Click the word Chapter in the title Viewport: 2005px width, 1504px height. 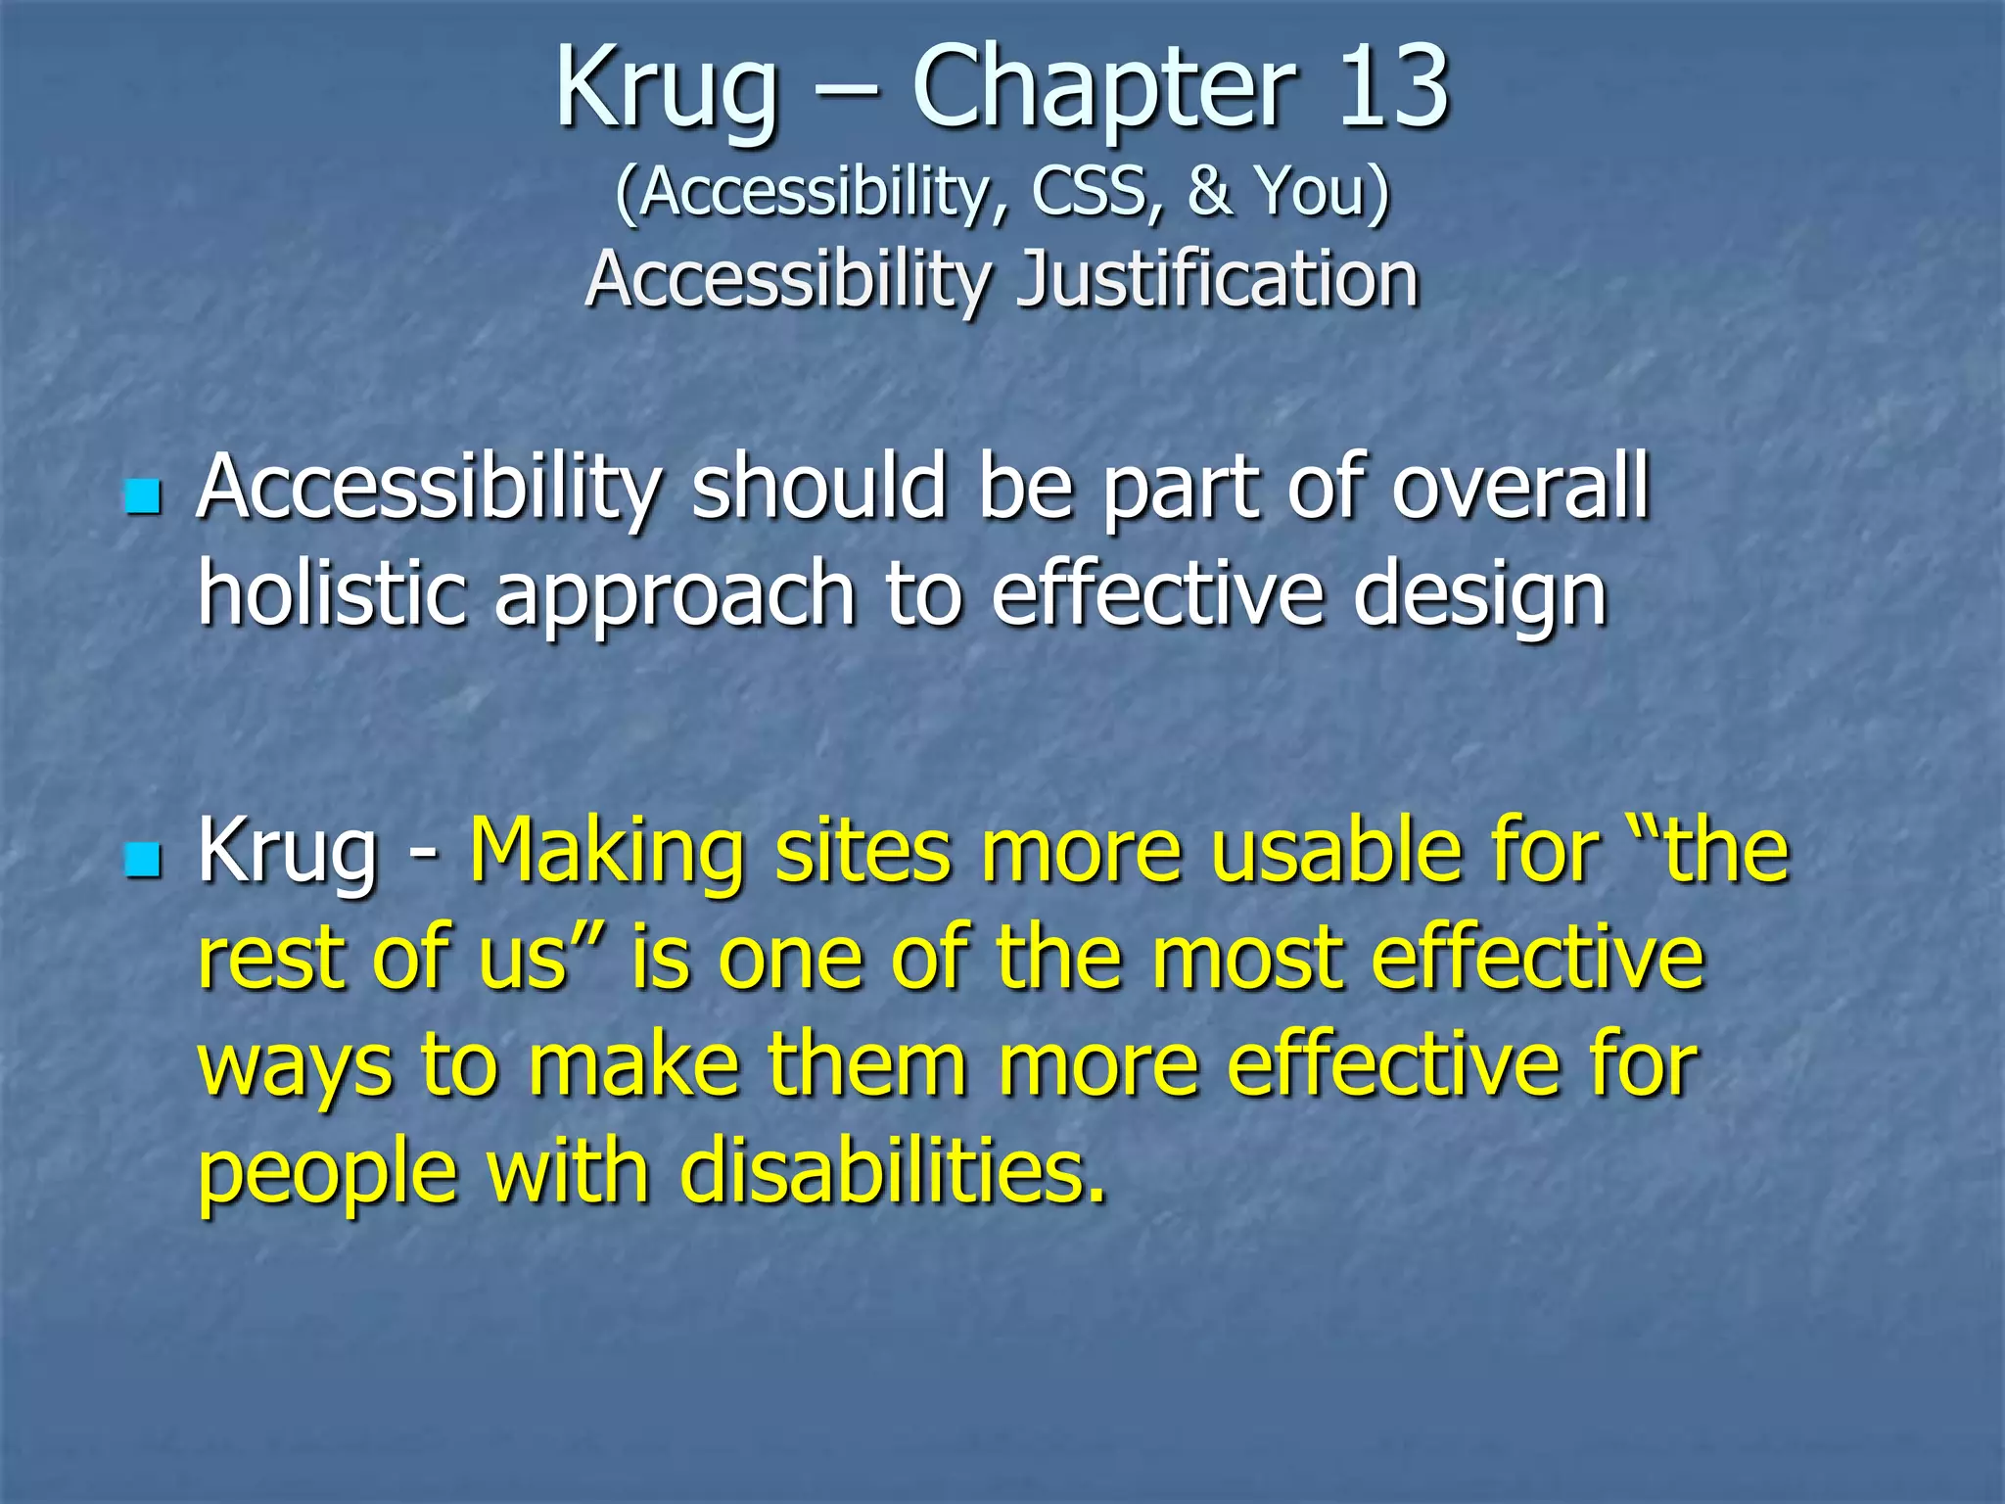click(x=1105, y=90)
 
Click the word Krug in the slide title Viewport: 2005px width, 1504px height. click(x=668, y=90)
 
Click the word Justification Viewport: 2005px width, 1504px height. click(x=1217, y=279)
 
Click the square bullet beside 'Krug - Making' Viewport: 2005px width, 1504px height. click(x=143, y=861)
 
